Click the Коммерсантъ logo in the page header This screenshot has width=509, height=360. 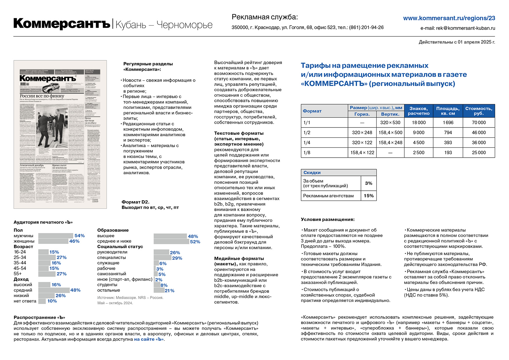[x=62, y=24]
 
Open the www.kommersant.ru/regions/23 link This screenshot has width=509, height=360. [x=449, y=18]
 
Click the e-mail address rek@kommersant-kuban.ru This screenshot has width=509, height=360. [x=465, y=28]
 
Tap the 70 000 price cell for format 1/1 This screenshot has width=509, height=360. [x=479, y=123]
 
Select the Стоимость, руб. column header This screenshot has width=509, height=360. [x=479, y=111]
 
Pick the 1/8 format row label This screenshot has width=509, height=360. [x=307, y=153]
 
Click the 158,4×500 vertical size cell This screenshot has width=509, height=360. [x=390, y=133]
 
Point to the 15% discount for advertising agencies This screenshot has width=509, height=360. [x=369, y=196]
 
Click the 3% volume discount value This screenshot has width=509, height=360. [x=369, y=183]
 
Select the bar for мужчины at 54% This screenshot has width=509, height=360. [x=55, y=236]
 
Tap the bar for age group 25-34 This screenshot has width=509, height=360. [x=47, y=258]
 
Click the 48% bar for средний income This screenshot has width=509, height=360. [x=54, y=290]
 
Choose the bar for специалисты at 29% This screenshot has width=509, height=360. [x=162, y=258]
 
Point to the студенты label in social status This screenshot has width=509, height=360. [x=107, y=285]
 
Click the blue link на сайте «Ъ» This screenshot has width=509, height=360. [x=149, y=339]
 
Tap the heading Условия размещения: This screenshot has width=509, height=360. [x=328, y=219]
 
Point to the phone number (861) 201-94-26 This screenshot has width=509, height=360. [x=366, y=28]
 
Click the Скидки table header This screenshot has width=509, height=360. [x=312, y=172]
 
